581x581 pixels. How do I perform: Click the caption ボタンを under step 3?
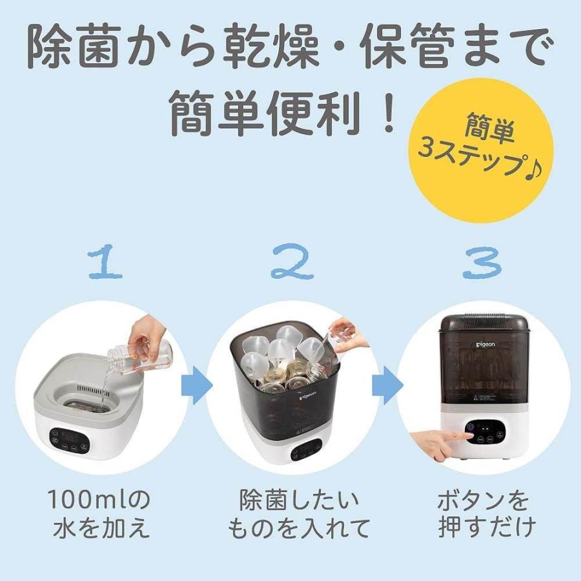(x=484, y=501)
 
